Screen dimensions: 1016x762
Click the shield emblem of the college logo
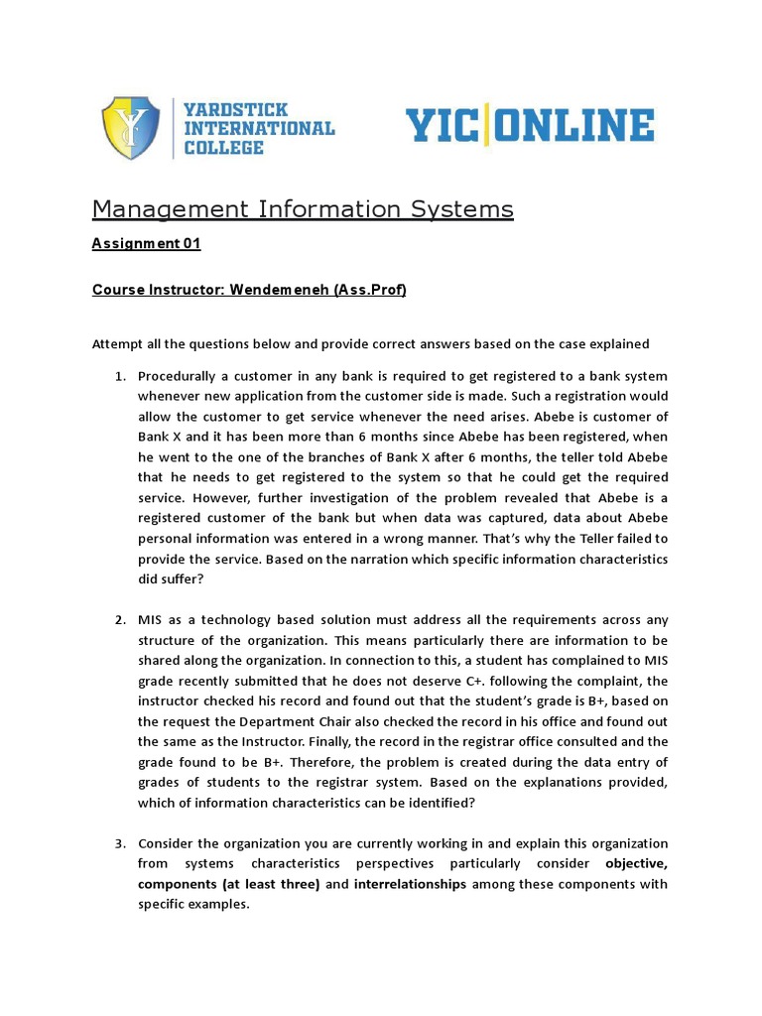pyautogui.click(x=130, y=127)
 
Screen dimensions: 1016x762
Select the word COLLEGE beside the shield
pyautogui.click(x=224, y=148)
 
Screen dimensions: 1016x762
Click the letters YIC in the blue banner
pyautogui.click(x=442, y=127)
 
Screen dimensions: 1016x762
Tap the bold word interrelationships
pyautogui.click(x=410, y=884)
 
